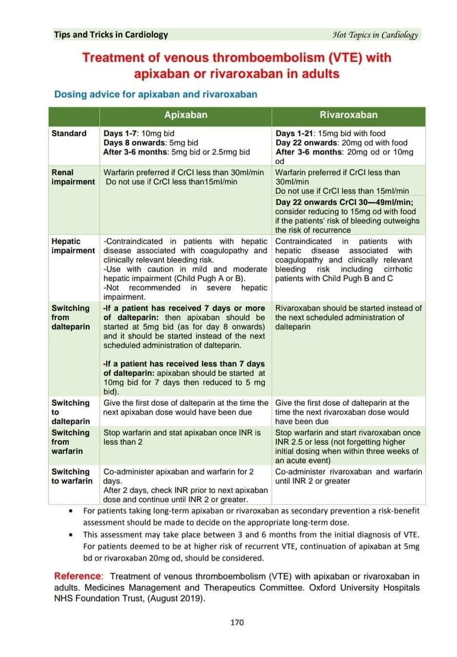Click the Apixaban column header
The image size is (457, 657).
tap(186, 116)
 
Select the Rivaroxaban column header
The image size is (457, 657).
tap(349, 116)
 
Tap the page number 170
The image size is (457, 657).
tap(236, 622)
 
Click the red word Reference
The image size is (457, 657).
tap(78, 577)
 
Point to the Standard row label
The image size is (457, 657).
tap(69, 133)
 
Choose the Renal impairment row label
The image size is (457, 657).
tap(73, 177)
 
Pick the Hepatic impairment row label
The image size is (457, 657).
tap(73, 246)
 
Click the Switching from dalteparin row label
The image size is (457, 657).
tap(71, 318)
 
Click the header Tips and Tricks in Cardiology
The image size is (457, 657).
tap(111, 35)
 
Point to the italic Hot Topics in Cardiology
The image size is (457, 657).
tap(375, 35)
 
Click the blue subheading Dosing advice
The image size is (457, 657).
tap(155, 94)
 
